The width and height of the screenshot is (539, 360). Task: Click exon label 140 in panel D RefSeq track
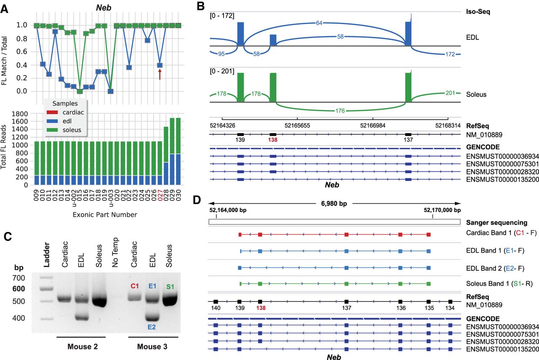[215, 308]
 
